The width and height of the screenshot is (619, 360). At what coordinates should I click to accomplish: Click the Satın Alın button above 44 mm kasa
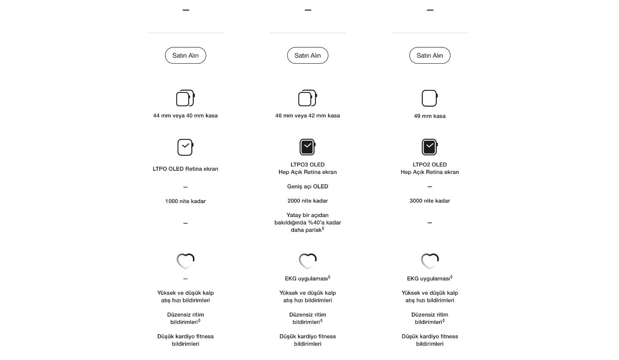pyautogui.click(x=185, y=55)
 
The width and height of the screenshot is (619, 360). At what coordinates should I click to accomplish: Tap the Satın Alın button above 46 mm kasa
pyautogui.click(x=307, y=55)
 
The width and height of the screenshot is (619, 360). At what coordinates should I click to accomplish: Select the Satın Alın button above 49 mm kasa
pyautogui.click(x=429, y=55)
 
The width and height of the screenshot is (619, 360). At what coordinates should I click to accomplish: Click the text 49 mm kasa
pyautogui.click(x=429, y=116)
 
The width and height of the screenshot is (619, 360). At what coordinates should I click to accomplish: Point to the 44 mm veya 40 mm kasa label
pyautogui.click(x=185, y=116)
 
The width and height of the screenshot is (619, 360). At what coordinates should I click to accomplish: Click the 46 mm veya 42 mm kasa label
pyautogui.click(x=307, y=116)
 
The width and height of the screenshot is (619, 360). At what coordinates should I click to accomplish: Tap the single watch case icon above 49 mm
pyautogui.click(x=429, y=98)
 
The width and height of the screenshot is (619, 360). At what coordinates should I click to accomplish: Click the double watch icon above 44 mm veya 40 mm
pyautogui.click(x=185, y=98)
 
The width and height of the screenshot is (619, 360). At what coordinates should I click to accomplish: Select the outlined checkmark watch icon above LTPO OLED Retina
pyautogui.click(x=185, y=147)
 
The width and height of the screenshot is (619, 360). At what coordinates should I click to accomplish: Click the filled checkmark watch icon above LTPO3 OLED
pyautogui.click(x=307, y=147)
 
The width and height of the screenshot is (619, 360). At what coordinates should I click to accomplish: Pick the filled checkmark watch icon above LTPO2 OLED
pyautogui.click(x=429, y=147)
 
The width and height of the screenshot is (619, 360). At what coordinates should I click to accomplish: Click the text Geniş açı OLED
pyautogui.click(x=307, y=187)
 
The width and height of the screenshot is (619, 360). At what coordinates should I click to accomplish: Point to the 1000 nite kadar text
pyautogui.click(x=185, y=201)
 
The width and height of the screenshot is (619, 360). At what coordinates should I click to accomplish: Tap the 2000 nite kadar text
pyautogui.click(x=307, y=201)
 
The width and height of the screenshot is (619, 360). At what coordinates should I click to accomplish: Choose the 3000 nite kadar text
pyautogui.click(x=429, y=201)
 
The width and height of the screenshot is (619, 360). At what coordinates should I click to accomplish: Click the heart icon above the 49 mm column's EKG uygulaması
pyautogui.click(x=429, y=261)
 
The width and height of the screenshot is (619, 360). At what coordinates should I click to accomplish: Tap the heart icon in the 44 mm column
pyautogui.click(x=185, y=261)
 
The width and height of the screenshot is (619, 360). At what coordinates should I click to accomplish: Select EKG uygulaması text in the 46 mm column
pyautogui.click(x=306, y=279)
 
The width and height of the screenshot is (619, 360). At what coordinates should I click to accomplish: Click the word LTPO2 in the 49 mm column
pyautogui.click(x=421, y=165)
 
